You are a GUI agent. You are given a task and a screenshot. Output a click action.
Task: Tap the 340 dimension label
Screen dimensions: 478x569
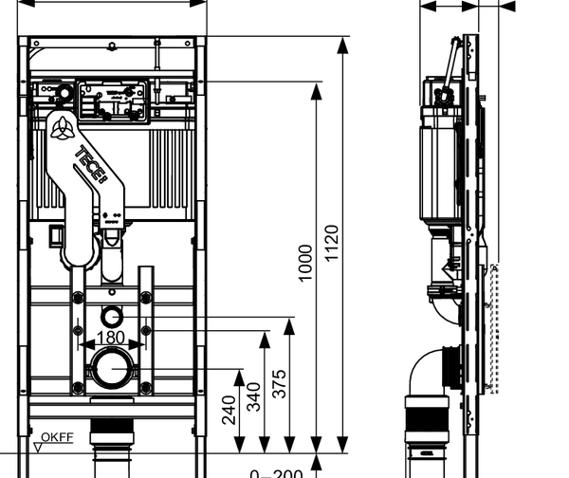pos(254,395)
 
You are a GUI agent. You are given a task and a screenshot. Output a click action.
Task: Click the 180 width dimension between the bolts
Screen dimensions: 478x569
pos(111,337)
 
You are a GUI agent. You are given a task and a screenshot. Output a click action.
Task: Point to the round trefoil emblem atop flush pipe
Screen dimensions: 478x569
pos(64,130)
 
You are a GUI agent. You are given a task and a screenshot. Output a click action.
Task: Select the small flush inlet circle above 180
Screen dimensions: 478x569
pos(112,314)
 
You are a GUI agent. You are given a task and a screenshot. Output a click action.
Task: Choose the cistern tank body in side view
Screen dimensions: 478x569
pos(438,168)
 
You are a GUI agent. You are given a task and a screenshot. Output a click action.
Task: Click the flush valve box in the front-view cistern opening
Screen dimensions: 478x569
pos(112,98)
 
